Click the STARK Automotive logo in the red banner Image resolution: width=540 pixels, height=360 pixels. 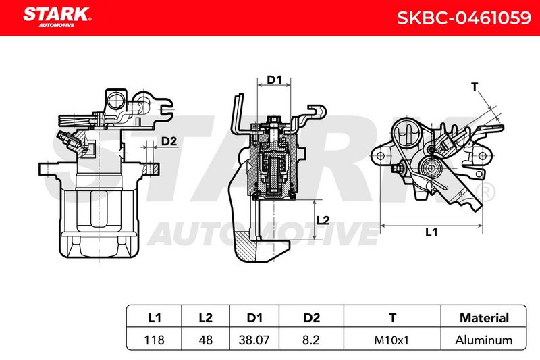[x=57, y=18]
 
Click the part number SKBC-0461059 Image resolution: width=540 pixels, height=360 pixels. [x=464, y=18]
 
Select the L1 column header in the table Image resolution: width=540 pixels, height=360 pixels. [x=154, y=317]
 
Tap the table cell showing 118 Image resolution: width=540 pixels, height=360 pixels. [x=154, y=340]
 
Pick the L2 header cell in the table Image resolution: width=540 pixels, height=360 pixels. [x=206, y=317]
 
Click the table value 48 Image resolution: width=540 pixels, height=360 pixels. [x=206, y=340]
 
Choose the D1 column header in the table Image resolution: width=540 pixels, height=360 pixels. [x=254, y=317]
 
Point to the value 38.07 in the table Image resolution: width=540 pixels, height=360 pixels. [x=254, y=340]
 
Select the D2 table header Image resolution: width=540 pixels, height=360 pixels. [x=311, y=317]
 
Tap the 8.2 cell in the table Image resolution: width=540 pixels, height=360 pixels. [x=311, y=340]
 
